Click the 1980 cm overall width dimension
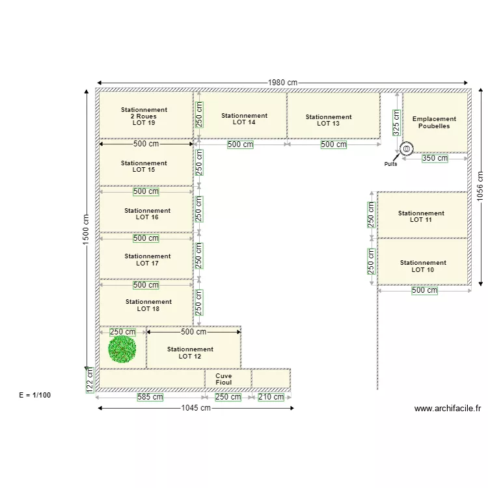pyautogui.click(x=282, y=83)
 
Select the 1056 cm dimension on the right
pyautogui.click(x=480, y=187)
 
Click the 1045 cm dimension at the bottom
pyautogui.click(x=196, y=408)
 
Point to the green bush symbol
pyautogui.click(x=122, y=349)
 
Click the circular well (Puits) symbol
pyautogui.click(x=406, y=149)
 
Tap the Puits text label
pyautogui.click(x=390, y=164)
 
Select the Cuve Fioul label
pyautogui.click(x=223, y=379)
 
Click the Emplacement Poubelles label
pyautogui.click(x=434, y=122)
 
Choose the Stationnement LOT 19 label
pyautogui.click(x=144, y=116)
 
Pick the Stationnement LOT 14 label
pyautogui.click(x=244, y=118)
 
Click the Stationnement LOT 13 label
pyautogui.click(x=329, y=120)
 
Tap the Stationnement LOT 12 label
pyautogui.click(x=190, y=353)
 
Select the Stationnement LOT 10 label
pyautogui.click(x=422, y=266)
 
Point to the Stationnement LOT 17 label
pyautogui.click(x=148, y=260)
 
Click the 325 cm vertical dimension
pyautogui.click(x=396, y=122)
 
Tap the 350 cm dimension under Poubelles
pyautogui.click(x=435, y=158)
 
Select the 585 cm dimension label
pyautogui.click(x=150, y=397)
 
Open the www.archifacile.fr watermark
pyautogui.click(x=447, y=409)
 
